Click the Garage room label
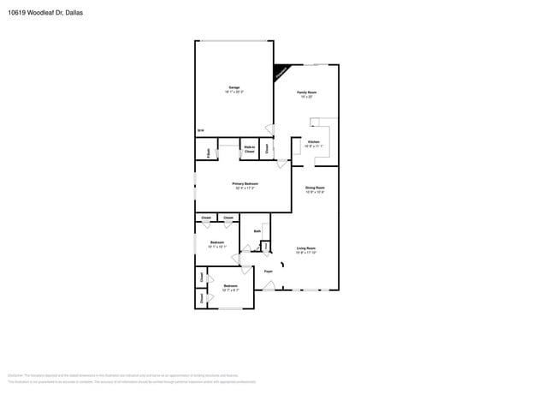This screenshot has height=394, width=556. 234,87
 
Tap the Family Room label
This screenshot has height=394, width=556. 306,92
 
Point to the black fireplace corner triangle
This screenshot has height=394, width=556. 279,74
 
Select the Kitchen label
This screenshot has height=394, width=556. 313,141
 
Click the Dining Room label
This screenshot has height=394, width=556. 315,187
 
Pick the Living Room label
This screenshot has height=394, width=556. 306,248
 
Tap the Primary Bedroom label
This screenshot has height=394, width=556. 245,183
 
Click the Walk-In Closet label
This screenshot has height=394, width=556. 249,149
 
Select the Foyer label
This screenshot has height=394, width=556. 268,272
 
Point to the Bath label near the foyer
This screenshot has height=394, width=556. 257,230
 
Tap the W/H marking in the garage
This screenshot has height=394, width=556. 200,130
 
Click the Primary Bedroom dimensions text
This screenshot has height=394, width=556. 245,188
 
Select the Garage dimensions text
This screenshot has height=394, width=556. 234,92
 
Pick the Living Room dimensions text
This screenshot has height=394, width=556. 306,253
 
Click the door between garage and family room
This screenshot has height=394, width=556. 269,128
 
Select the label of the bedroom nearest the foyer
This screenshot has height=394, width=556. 230,286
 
